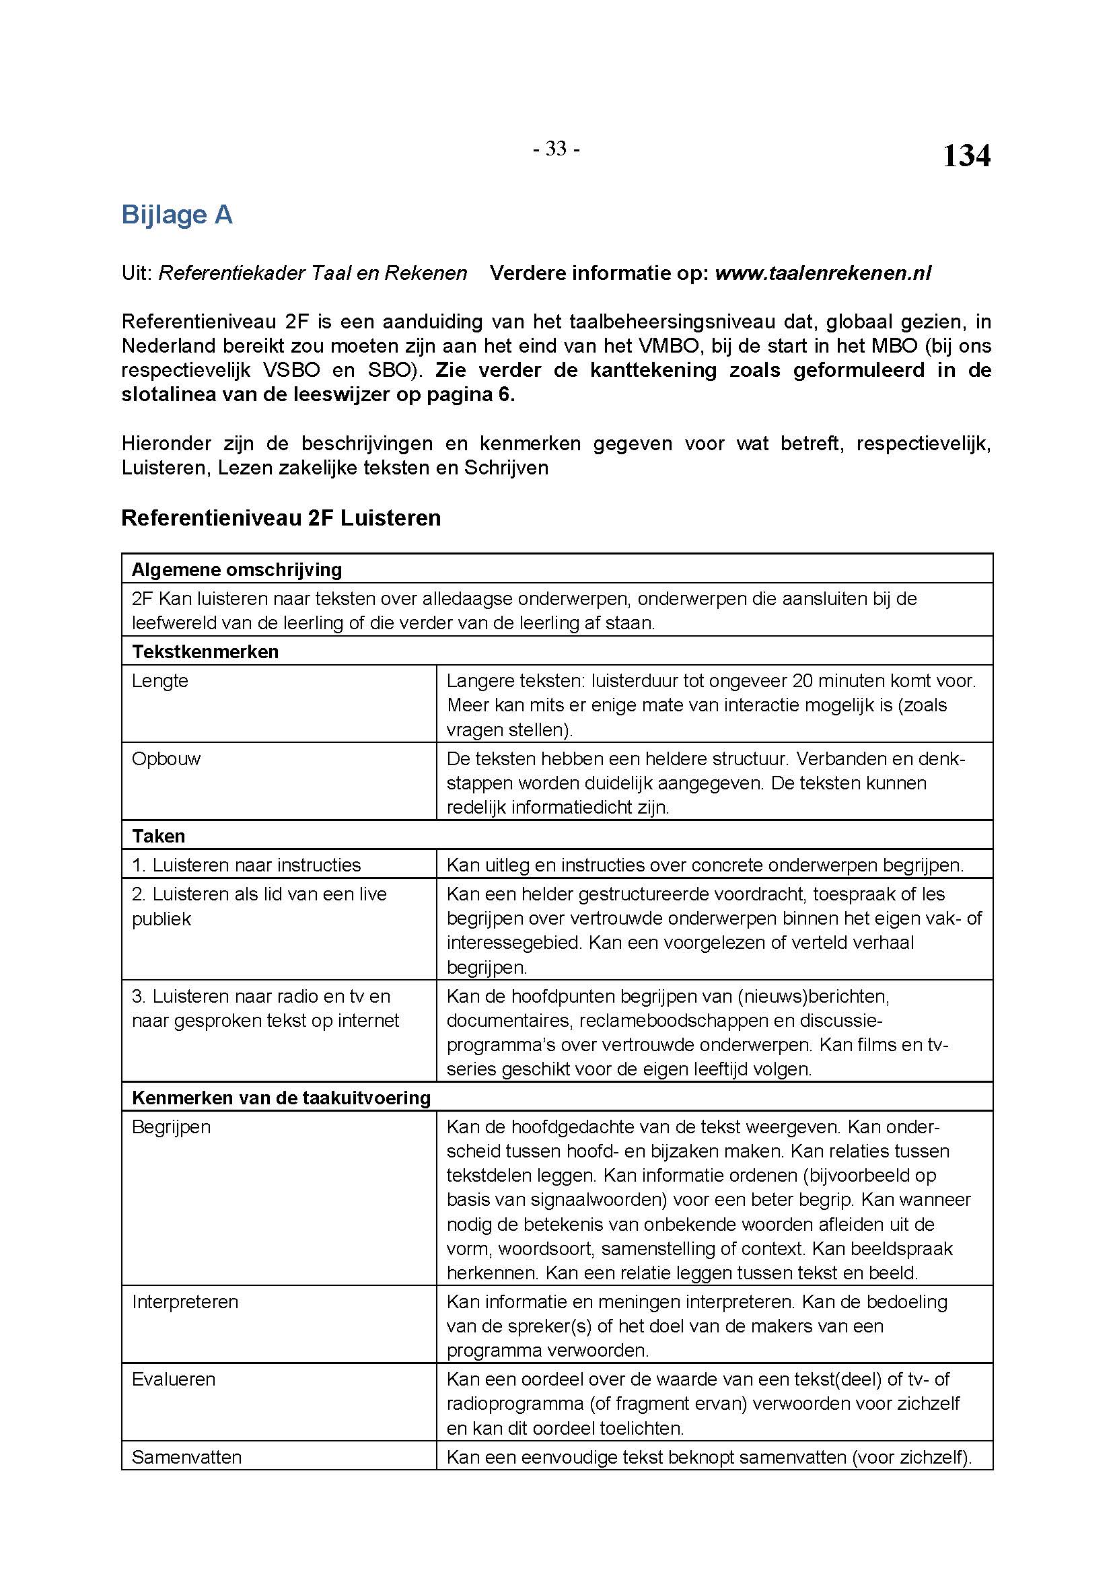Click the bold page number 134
966,156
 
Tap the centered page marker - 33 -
556,149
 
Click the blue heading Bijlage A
177,215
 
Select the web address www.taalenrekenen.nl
822,273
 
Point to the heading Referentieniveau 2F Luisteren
281,517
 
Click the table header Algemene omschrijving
236,570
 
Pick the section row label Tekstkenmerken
205,651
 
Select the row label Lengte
159,681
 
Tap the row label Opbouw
166,759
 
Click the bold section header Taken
158,836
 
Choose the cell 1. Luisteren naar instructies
246,865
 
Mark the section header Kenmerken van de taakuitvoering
281,1098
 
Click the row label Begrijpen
172,1127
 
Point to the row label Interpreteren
185,1302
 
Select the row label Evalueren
174,1380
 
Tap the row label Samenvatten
186,1457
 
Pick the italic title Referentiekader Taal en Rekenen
312,273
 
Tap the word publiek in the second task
161,919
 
